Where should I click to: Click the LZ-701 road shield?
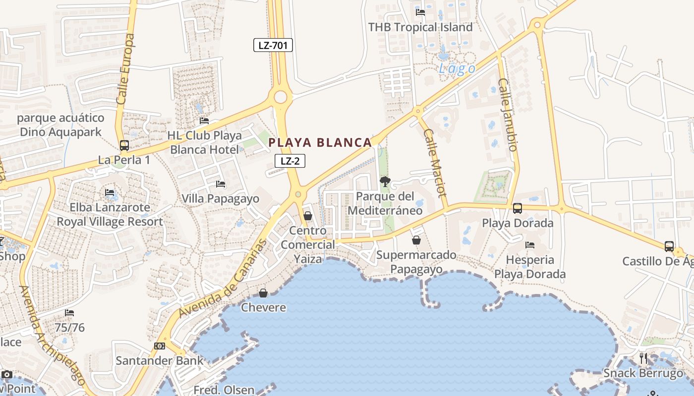(x=273, y=46)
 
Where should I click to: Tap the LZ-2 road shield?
(x=289, y=161)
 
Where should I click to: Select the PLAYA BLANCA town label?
(x=320, y=143)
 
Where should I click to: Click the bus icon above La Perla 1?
(x=124, y=146)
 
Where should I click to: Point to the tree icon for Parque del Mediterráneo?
(x=385, y=182)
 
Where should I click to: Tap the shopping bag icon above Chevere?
(x=263, y=293)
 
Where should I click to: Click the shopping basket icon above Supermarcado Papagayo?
(x=416, y=240)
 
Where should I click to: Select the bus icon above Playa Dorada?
(x=518, y=208)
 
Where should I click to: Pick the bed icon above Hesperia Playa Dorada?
(x=529, y=245)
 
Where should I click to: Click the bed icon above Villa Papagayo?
(x=221, y=184)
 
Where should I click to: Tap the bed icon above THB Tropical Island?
(x=420, y=12)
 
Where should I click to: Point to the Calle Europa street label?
(x=125, y=69)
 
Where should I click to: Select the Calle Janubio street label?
(x=509, y=115)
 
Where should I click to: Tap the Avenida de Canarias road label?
(x=223, y=279)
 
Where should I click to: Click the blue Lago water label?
(x=457, y=69)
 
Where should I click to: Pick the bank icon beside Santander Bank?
(x=160, y=346)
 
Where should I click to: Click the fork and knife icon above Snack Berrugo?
(x=643, y=358)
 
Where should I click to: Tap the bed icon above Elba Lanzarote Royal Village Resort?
(x=110, y=192)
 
